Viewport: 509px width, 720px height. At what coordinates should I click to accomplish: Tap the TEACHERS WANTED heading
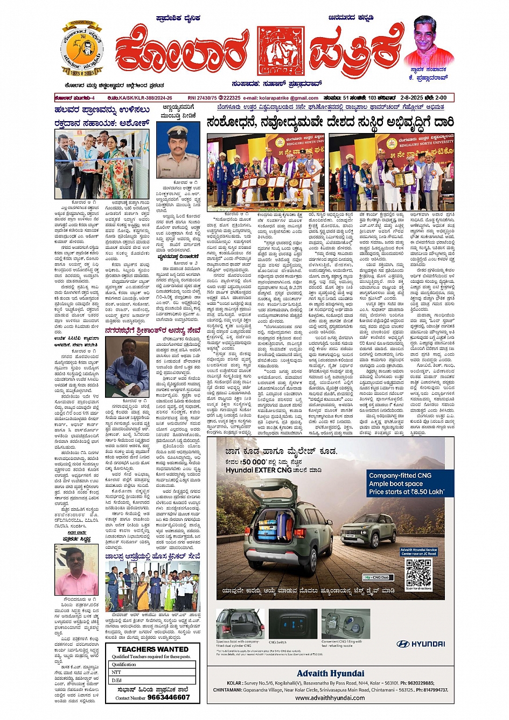click(152, 649)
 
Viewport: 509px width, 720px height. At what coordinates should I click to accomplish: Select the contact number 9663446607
click(169, 697)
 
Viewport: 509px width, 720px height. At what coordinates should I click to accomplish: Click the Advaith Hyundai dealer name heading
click(330, 673)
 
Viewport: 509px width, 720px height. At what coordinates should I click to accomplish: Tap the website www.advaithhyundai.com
click(330, 698)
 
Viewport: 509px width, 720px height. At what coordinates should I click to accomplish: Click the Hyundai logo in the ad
click(421, 644)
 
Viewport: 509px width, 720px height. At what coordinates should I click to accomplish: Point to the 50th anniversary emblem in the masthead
click(82, 50)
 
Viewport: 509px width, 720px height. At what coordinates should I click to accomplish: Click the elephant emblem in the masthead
click(277, 50)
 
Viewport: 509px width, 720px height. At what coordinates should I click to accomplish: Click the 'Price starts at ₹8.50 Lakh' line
click(406, 491)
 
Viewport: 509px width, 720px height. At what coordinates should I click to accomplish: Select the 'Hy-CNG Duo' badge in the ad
click(376, 578)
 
